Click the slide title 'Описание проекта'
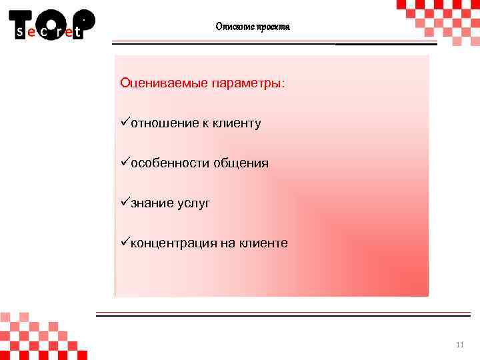(x=253, y=27)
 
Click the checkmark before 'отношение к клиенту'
(x=125, y=123)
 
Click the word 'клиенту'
(x=237, y=123)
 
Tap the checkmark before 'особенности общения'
(x=125, y=162)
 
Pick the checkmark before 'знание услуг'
(x=125, y=202)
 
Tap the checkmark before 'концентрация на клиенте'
(x=125, y=242)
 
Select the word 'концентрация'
(x=173, y=243)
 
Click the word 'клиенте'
(x=263, y=243)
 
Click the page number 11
(x=459, y=345)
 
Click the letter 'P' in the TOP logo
(x=83, y=20)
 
